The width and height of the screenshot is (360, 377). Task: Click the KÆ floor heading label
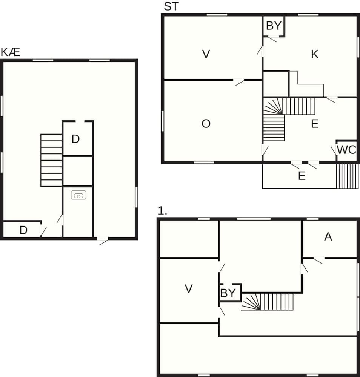coord(10,52)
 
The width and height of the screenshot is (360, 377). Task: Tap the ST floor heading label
coord(171,6)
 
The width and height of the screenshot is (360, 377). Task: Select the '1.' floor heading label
coord(162,211)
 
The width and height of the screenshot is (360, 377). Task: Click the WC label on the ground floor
coord(346,150)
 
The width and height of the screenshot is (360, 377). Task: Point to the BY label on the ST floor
coord(274,26)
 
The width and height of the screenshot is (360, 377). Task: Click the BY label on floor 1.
coord(228,293)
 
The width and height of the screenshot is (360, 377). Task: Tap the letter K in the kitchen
coord(315,54)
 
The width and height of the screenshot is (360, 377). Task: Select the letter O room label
coord(206,124)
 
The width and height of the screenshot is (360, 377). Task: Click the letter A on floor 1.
coord(328,237)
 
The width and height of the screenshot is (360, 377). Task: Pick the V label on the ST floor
coord(206,54)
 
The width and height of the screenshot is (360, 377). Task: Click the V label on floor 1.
coord(189,288)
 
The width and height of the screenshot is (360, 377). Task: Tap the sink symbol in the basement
coord(78,195)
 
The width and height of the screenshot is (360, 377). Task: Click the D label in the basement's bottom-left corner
coord(23,230)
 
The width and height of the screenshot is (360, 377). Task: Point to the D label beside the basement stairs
coord(75,139)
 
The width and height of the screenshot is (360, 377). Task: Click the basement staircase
coord(51,160)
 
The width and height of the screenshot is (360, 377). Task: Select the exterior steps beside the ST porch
coord(347,176)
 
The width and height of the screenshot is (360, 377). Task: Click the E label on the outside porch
coord(302,176)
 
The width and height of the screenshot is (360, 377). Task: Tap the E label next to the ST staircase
coord(315,124)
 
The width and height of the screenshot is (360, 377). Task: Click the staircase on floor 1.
coord(267,302)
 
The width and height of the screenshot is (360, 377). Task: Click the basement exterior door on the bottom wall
coord(103,241)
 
